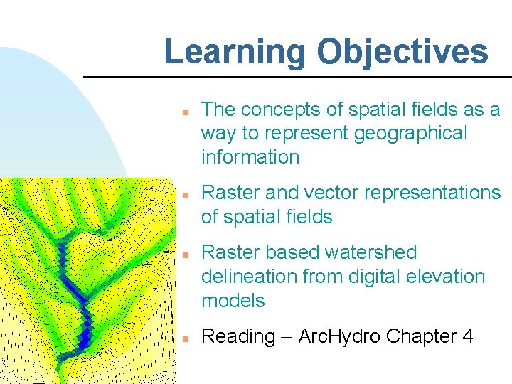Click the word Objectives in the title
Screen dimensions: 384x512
coord(402,52)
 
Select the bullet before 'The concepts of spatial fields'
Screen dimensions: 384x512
coord(183,112)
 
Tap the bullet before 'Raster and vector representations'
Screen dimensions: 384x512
coord(183,194)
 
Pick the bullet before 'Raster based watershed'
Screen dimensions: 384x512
coord(183,254)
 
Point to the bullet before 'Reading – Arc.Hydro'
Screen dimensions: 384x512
coord(183,338)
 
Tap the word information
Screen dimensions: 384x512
coord(250,157)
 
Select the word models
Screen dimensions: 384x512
coord(233,301)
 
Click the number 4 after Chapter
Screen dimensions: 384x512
coord(467,336)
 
